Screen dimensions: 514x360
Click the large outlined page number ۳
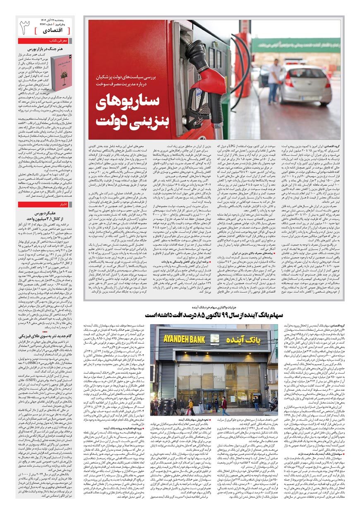tap(25, 26)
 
